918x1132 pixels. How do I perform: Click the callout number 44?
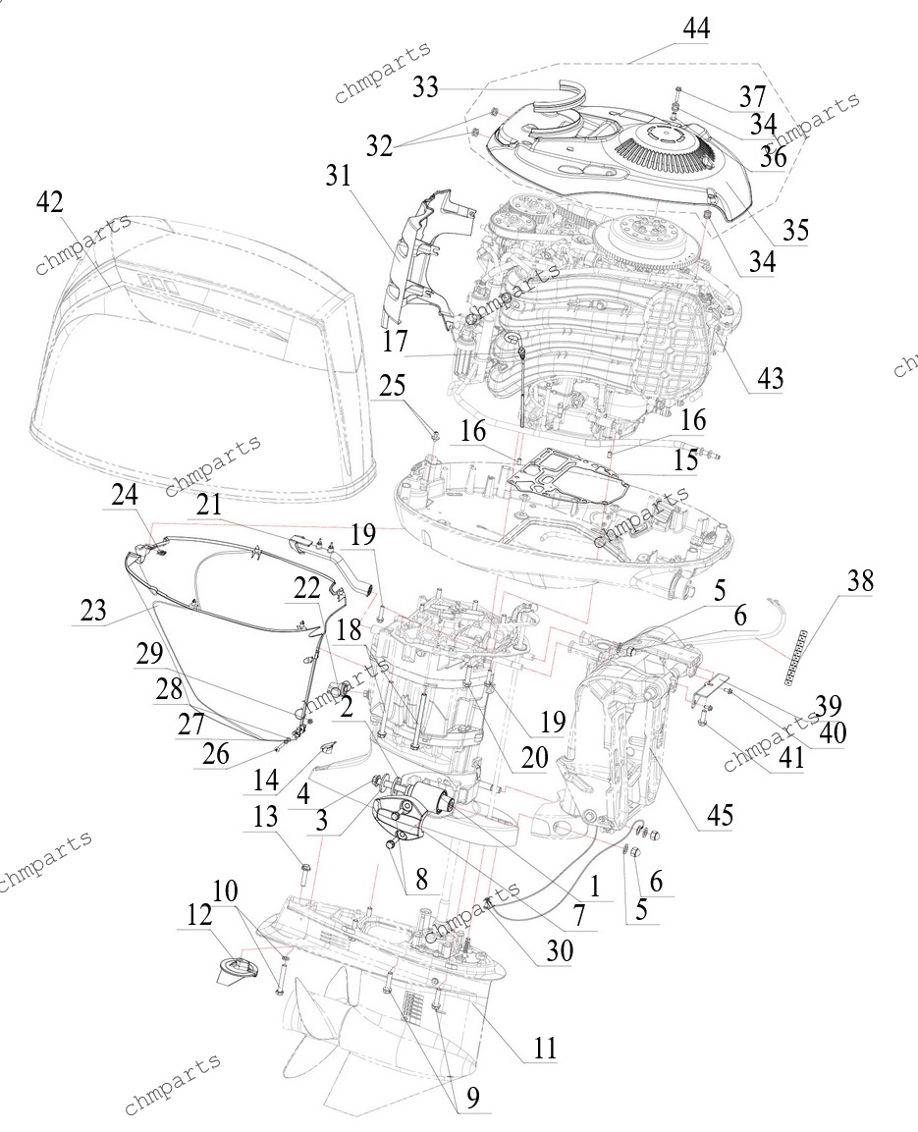pos(696,28)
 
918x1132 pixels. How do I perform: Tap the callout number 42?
pos(49,203)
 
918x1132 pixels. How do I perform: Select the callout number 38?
pos(859,580)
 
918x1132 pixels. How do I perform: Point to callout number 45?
pos(720,814)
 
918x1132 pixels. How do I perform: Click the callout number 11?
pos(545,1048)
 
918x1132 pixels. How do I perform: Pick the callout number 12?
pos(200,915)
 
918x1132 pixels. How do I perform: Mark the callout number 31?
pos(338,176)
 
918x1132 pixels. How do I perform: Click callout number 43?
pos(770,378)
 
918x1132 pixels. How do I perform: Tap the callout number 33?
pos(426,87)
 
